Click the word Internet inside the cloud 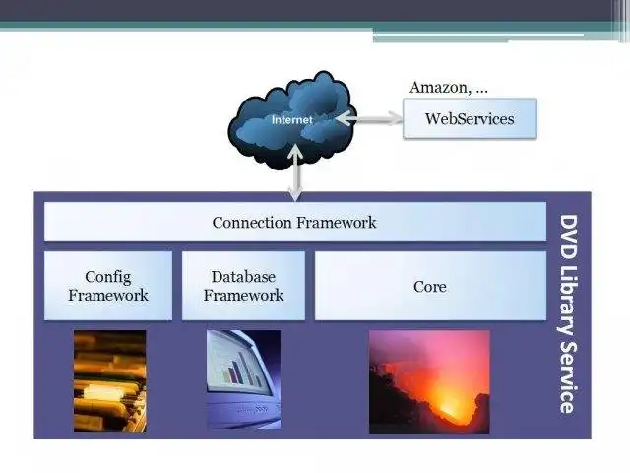(x=291, y=120)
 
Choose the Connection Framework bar (x=294, y=222)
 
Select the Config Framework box (x=108, y=286)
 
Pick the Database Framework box (x=243, y=286)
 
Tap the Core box (x=429, y=286)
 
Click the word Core (x=429, y=287)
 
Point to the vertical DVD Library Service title (x=568, y=313)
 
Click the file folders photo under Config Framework (x=110, y=380)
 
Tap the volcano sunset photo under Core (x=429, y=381)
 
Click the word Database (x=243, y=277)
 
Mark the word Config (x=108, y=277)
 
